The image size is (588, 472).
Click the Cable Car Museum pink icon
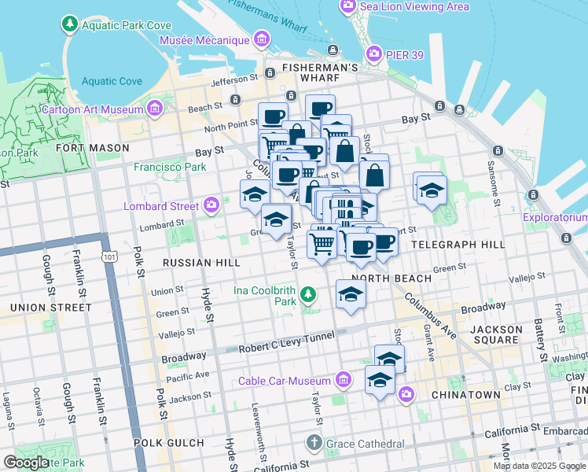342,382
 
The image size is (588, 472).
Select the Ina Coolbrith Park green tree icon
309,295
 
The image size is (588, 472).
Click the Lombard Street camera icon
211,206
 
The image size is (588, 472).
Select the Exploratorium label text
556,217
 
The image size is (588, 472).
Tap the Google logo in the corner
27,463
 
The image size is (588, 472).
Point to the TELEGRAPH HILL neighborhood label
458,245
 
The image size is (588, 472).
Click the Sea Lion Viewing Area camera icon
347,7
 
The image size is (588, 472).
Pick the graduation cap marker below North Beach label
351,295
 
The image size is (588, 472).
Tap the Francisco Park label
169,167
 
